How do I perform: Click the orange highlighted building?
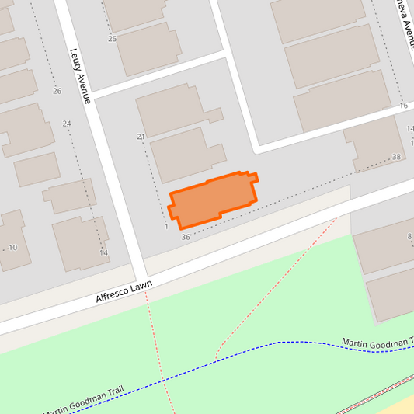[211, 200]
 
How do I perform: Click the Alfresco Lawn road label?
[124, 291]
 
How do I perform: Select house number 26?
[57, 92]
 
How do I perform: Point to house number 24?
[67, 124]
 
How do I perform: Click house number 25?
[112, 39]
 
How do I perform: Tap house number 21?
[141, 137]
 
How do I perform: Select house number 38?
[397, 158]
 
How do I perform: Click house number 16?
[403, 106]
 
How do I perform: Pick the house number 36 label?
[185, 236]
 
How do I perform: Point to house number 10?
[12, 248]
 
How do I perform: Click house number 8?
[409, 237]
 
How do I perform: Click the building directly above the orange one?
[179, 153]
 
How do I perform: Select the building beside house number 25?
[148, 48]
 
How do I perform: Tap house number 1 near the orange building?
[167, 227]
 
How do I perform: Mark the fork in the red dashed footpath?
[217, 351]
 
